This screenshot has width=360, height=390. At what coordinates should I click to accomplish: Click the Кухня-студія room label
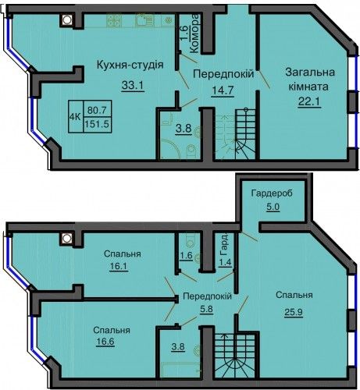(130, 65)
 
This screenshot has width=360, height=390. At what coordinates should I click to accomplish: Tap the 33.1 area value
(133, 85)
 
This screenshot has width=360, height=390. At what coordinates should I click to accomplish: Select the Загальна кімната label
(310, 80)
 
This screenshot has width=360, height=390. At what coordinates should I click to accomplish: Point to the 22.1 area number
(309, 101)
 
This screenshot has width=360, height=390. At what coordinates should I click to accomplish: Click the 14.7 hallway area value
(222, 90)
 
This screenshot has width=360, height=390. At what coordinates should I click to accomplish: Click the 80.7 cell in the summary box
(97, 110)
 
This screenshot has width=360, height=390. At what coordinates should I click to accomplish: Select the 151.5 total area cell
(97, 124)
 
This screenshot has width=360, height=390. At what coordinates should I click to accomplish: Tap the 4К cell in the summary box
(75, 117)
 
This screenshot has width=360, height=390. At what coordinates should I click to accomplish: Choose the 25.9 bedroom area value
(294, 311)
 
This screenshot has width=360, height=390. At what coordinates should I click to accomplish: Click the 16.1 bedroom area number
(119, 267)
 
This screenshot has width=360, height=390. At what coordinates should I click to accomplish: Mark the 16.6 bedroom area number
(105, 342)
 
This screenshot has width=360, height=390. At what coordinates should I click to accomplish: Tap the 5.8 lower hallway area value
(207, 310)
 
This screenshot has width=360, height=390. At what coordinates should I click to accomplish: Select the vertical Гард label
(223, 246)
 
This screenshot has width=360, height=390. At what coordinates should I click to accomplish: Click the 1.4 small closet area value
(225, 262)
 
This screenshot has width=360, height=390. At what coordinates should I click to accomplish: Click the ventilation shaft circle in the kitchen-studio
(67, 19)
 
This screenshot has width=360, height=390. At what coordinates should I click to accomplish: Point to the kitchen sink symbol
(144, 20)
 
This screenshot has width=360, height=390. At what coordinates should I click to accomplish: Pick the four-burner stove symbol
(114, 20)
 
